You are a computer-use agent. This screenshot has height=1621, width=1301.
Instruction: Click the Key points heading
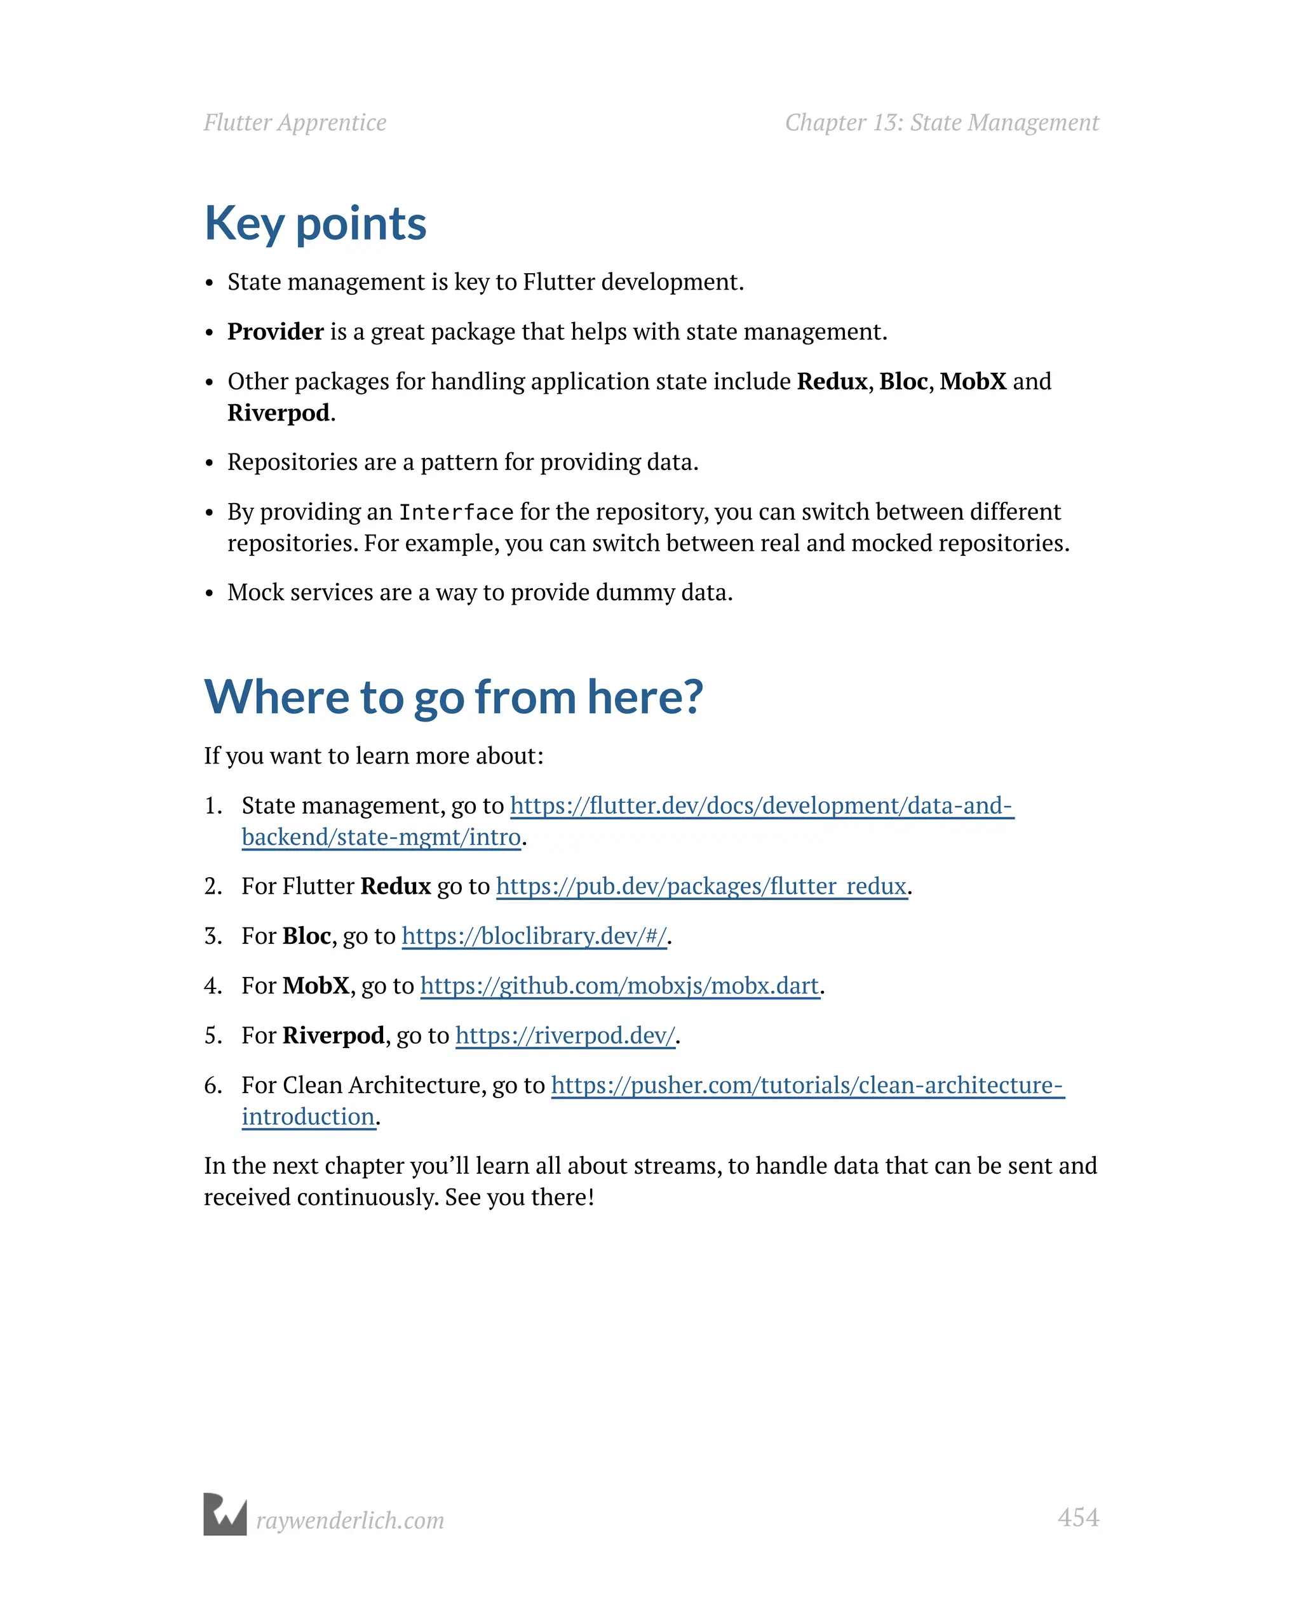[x=315, y=224]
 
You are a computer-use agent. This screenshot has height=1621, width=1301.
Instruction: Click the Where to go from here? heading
[x=453, y=696]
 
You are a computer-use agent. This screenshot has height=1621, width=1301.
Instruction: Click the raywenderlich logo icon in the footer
[x=225, y=1514]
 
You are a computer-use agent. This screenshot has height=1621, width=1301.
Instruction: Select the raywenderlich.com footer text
[x=349, y=1520]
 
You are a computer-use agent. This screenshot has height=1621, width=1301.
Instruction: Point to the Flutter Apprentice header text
[x=295, y=123]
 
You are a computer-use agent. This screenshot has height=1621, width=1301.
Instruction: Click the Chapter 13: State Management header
[x=941, y=123]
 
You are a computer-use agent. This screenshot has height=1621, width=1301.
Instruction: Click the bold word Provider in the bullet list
[x=275, y=332]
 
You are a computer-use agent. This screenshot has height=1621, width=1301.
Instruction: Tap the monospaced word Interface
[x=455, y=513]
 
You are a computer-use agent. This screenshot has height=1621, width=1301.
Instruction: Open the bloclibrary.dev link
[x=534, y=936]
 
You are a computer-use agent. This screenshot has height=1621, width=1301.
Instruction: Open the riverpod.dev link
[x=565, y=1036]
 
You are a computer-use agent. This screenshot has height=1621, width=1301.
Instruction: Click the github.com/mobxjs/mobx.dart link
[x=619, y=986]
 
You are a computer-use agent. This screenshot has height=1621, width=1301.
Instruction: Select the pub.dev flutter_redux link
[x=701, y=887]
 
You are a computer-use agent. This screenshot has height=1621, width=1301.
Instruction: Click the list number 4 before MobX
[x=212, y=986]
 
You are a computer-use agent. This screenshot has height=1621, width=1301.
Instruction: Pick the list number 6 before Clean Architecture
[x=212, y=1086]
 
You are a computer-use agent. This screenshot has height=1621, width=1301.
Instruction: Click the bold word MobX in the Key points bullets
[x=973, y=381]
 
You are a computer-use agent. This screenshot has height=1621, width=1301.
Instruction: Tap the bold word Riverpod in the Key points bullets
[x=278, y=413]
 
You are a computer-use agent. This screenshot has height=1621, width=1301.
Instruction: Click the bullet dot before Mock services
[x=210, y=594]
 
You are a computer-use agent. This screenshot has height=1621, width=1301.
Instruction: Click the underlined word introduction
[x=308, y=1117]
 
